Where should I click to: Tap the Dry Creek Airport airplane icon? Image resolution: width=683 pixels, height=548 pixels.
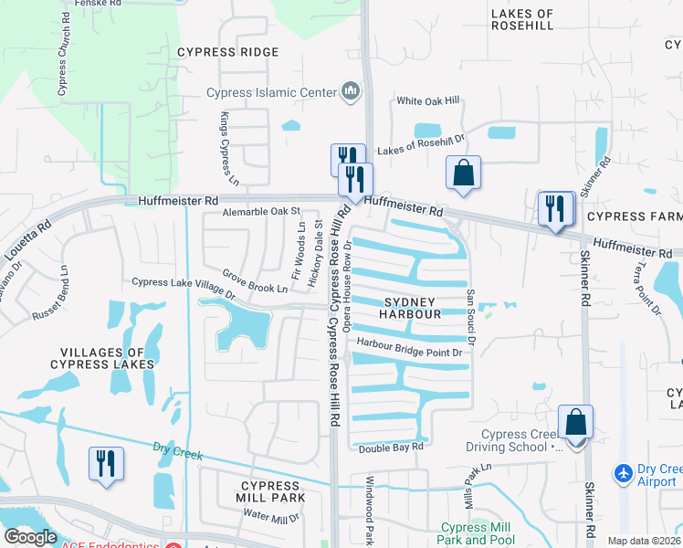(624, 473)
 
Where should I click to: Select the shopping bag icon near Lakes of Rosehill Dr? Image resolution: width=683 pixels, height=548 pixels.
(463, 173)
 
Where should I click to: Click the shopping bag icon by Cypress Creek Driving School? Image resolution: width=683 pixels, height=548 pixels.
(575, 423)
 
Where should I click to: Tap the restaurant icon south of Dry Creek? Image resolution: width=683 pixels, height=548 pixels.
(105, 463)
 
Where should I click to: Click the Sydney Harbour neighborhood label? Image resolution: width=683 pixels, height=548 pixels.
(411, 307)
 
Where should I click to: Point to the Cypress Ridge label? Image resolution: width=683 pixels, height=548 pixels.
(228, 52)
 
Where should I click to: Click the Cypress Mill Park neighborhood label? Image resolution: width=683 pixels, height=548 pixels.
(270, 491)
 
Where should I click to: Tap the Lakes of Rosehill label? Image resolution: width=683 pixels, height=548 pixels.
(522, 20)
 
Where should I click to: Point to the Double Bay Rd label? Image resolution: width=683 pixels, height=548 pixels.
(391, 448)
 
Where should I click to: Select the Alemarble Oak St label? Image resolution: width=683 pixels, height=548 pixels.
(262, 212)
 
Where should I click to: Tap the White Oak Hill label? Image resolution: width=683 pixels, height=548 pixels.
(427, 101)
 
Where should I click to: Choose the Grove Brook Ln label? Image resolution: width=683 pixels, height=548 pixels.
(256, 282)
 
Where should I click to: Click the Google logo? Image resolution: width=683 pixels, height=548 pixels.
(30, 537)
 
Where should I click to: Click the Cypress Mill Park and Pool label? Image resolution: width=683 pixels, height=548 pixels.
(478, 533)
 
